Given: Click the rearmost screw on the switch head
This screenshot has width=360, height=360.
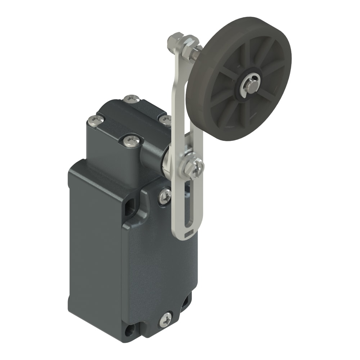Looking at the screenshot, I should [131, 99].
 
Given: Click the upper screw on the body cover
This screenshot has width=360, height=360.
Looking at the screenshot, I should [165, 196].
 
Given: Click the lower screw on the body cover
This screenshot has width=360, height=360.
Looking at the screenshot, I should [165, 319].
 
